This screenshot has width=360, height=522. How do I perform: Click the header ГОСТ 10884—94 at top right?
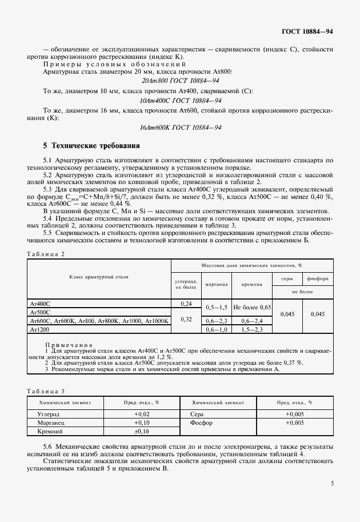coord(307,31)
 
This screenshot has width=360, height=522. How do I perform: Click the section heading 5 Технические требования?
coord(87,146)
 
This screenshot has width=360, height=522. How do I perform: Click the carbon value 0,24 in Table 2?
coord(186,304)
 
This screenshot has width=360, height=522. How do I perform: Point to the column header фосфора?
coord(317,278)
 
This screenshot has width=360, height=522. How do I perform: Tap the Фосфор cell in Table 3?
coord(203,423)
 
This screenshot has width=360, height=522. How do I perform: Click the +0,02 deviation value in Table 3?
coord(141,413)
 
